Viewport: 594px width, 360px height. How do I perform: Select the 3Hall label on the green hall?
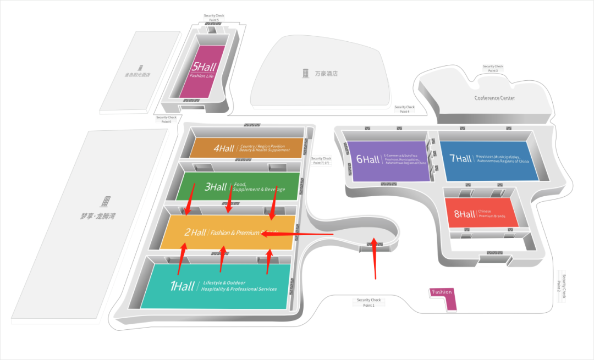pos(216,187)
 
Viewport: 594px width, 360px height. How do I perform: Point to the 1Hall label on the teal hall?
pos(182,286)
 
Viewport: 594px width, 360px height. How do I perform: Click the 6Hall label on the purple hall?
pos(368,159)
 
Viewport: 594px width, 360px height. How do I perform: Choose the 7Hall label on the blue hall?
pos(460,158)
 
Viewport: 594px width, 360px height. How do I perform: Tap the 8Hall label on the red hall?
pos(464,214)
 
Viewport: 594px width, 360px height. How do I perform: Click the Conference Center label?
pos(495,98)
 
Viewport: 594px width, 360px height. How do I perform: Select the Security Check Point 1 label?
pos(369,302)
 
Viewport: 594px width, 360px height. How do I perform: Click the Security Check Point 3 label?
pos(493,69)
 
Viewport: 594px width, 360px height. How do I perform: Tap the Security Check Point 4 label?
pos(404,109)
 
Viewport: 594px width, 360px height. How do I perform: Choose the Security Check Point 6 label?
pos(166,119)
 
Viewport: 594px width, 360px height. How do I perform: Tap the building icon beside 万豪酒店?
pos(305,73)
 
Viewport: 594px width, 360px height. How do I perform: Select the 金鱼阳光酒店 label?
pos(137,75)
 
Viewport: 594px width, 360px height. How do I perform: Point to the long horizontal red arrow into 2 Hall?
pos(297,234)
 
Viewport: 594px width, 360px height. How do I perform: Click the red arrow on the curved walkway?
pos(374,258)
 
